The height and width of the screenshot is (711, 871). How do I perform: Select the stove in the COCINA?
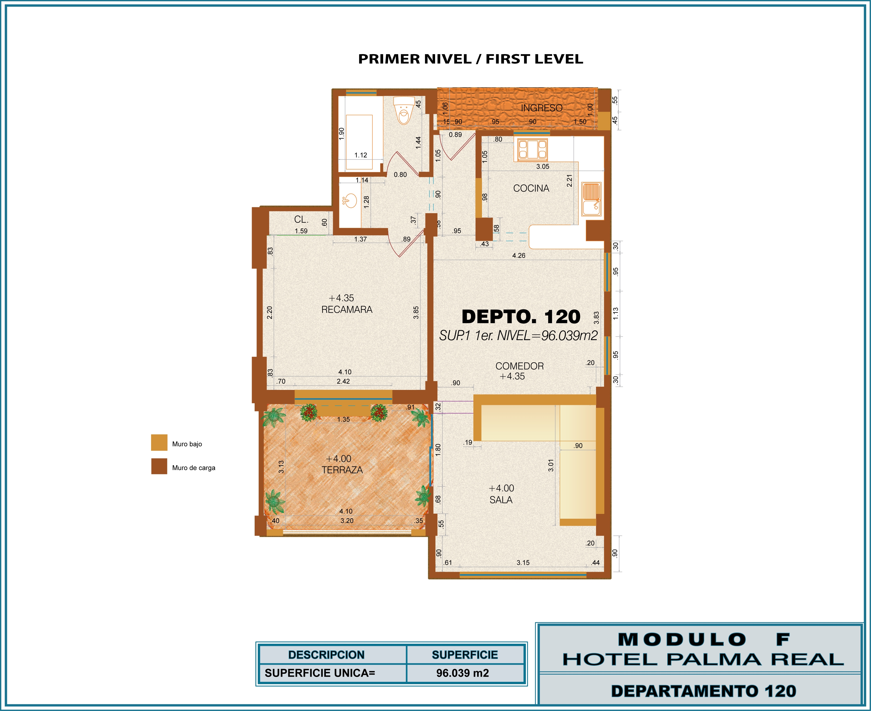tap(532, 149)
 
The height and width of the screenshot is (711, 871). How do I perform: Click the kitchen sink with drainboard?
tap(591, 199)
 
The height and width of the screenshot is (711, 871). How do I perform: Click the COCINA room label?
tap(531, 189)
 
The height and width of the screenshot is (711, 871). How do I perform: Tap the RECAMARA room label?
tap(347, 310)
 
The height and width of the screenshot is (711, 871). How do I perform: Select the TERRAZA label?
tap(342, 470)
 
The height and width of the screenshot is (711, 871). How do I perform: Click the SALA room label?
tap(501, 500)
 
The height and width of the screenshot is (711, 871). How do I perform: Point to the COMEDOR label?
tap(520, 366)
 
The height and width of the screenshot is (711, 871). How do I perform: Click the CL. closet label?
tap(301, 220)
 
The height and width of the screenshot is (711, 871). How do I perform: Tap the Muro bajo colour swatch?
tap(159, 442)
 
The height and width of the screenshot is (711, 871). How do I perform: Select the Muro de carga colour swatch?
tap(159, 466)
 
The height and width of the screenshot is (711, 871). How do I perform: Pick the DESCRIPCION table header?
tap(326, 655)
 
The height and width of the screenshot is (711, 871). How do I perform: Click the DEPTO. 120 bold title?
tap(521, 317)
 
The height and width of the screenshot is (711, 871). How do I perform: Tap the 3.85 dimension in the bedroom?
tap(416, 313)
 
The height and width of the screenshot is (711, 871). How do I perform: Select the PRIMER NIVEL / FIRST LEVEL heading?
tap(470, 59)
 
